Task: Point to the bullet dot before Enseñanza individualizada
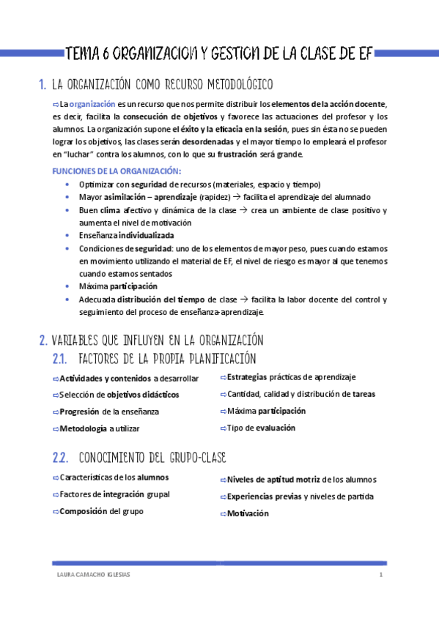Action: pos(67,236)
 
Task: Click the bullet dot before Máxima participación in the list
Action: pos(67,286)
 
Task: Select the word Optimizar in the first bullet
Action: pos(96,184)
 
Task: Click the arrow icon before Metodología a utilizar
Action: pos(56,428)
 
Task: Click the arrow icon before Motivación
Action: pos(222,514)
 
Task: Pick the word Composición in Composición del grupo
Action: pos(84,511)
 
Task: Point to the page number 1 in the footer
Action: pos(381,575)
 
